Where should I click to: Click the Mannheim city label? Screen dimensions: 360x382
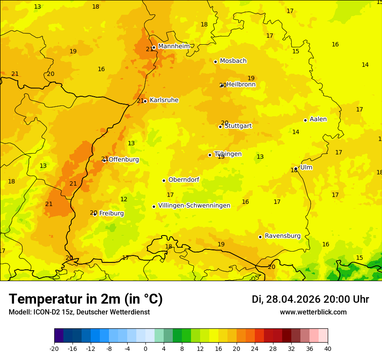click(174, 46)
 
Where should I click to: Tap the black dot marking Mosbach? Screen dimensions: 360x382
click(215, 62)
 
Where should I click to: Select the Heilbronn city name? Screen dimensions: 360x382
click(241, 85)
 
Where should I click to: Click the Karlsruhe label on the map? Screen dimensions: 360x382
click(164, 100)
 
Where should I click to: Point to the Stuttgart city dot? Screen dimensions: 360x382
click(220, 127)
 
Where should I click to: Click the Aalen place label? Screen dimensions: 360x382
click(318, 119)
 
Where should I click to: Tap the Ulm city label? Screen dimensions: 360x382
click(306, 167)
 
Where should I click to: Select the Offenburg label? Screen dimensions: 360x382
click(124, 160)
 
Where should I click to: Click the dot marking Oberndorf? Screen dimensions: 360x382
click(164, 180)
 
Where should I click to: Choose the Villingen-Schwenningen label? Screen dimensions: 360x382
click(194, 206)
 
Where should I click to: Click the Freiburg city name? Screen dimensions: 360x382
click(112, 213)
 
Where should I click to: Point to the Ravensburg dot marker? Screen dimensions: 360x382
click(260, 237)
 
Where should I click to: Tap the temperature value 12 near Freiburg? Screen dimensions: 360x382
click(124, 200)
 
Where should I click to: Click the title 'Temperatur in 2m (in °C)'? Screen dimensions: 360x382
click(86, 299)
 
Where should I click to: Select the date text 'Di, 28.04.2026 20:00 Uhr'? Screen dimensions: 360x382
click(310, 299)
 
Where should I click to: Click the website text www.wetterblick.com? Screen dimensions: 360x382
click(313, 312)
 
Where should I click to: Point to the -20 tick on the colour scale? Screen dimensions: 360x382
click(54, 348)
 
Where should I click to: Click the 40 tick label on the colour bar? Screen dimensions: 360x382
click(328, 348)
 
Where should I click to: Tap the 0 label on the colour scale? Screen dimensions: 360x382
click(145, 348)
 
